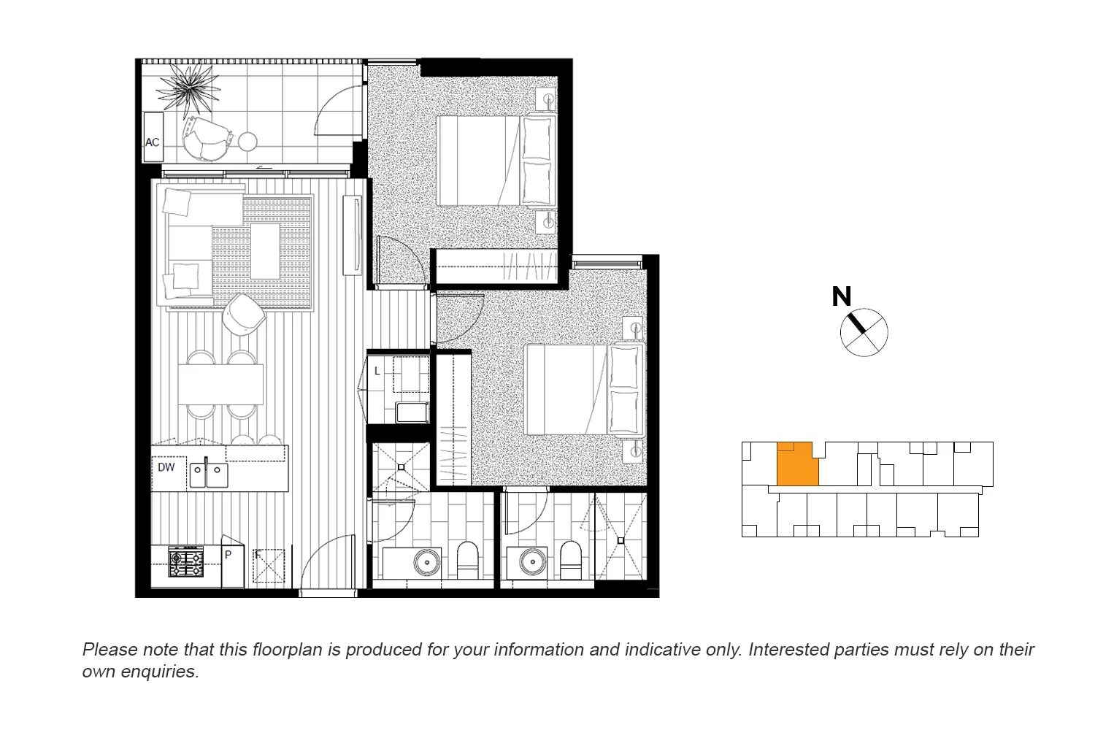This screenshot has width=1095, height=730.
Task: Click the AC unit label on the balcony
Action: [153, 142]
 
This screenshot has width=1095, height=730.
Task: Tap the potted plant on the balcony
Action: [188, 88]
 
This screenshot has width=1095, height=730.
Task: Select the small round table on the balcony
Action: [248, 142]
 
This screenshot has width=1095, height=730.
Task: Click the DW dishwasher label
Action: [166, 467]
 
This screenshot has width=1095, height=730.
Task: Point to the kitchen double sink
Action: [208, 475]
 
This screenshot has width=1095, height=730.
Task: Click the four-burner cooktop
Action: [186, 562]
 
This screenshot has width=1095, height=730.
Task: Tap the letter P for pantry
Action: [228, 555]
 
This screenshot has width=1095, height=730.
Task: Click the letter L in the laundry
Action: [377, 372]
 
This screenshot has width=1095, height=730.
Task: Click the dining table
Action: [220, 384]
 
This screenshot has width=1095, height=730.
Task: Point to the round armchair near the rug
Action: [243, 314]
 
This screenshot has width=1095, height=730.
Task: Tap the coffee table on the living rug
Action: [264, 250]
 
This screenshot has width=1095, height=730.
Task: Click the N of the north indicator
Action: [841, 296]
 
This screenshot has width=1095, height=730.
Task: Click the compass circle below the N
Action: [864, 333]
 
